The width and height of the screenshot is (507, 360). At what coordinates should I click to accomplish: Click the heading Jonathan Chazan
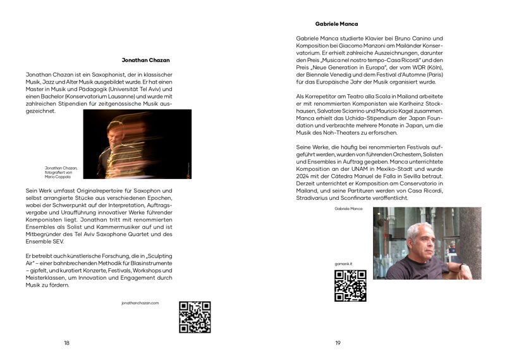coord(145,61)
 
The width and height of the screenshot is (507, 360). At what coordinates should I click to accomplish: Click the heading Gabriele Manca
coord(336,24)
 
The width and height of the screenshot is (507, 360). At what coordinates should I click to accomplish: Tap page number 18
coord(66,343)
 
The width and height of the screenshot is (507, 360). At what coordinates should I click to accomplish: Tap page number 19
coord(338,343)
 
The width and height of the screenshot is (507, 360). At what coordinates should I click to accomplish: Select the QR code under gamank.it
coord(350,285)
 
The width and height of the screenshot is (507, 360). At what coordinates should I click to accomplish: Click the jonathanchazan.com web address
coord(140,303)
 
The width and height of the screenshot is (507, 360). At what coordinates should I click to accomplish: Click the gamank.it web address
coord(343,263)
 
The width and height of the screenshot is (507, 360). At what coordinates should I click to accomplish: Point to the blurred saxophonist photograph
coord(137,144)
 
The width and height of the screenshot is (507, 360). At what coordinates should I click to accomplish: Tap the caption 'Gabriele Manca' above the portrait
coord(348,208)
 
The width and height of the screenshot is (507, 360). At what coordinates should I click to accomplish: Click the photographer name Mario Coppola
coord(58,177)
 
